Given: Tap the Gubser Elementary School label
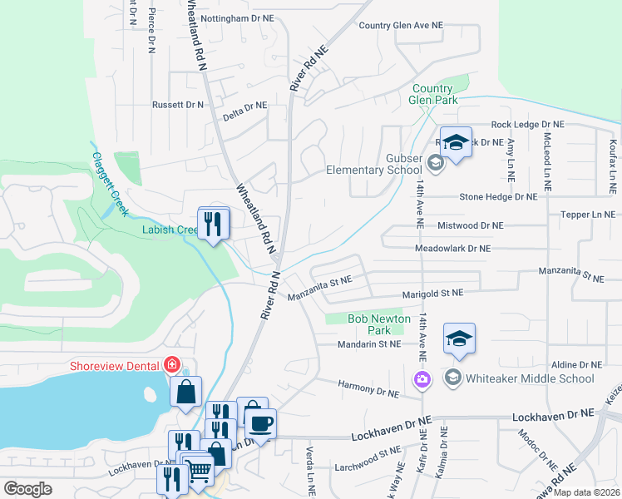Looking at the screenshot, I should [x=397, y=164].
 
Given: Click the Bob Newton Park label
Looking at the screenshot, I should [x=379, y=324].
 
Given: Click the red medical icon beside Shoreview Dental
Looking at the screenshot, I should [x=172, y=364].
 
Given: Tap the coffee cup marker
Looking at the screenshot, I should [x=260, y=422].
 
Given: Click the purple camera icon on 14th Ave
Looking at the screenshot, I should [x=422, y=379].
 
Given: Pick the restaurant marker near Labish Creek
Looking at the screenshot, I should [x=213, y=222].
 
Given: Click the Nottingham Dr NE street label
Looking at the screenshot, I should [x=237, y=17].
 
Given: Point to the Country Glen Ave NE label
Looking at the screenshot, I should [x=400, y=25].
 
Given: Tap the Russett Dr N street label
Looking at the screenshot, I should [x=177, y=105].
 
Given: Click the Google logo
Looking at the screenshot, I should [x=27, y=489].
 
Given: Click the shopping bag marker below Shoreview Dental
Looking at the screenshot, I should [x=185, y=391].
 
